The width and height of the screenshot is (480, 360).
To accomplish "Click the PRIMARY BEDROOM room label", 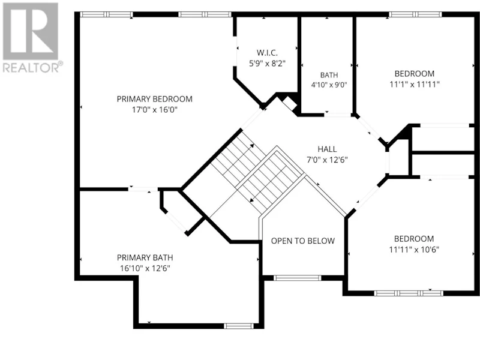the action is tap(155, 99).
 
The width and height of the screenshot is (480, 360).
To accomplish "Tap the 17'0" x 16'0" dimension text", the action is tap(155, 110).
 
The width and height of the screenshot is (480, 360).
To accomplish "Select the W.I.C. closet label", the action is tap(267, 53).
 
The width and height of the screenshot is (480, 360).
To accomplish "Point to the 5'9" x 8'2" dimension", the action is tap(267, 64).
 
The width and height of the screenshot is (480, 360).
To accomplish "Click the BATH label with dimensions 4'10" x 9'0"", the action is tap(329, 75).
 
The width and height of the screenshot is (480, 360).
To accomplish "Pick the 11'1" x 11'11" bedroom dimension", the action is tap(415, 84).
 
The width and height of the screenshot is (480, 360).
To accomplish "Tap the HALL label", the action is tap(327, 149).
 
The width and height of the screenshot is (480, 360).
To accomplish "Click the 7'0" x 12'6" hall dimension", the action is tap(327, 160).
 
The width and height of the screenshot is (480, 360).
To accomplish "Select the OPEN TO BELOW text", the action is tap(303, 241).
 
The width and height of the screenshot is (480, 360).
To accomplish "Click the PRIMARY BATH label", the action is tap(145, 257).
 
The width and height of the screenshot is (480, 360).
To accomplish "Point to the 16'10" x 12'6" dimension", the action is tap(145, 268).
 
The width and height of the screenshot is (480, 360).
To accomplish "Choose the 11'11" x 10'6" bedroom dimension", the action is tap(414, 250).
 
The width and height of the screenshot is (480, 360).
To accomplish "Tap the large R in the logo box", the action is tap(31, 31).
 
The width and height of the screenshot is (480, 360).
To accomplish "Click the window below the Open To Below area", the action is tap(297, 278).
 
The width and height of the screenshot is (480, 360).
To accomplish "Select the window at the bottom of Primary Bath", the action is tap(239, 326).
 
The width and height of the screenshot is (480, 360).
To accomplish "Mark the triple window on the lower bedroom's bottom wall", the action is tap(409, 293).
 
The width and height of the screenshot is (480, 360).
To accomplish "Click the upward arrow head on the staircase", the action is tap(252, 146).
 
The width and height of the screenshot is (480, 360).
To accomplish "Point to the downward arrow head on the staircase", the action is tap(252, 200).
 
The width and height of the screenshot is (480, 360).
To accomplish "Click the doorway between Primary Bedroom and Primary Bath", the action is tap(143, 189).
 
